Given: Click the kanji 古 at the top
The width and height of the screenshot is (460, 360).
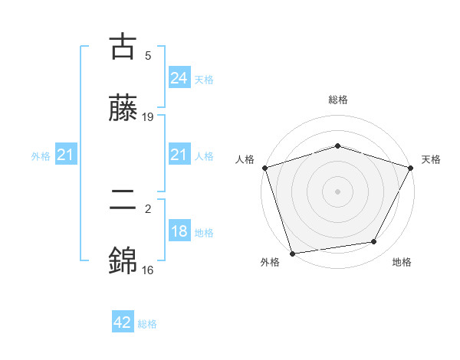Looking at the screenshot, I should pos(123,47).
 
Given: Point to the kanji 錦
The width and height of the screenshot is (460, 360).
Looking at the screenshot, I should pos(123,261).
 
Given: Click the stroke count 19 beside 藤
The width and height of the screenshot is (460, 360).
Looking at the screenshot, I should pos(148,117).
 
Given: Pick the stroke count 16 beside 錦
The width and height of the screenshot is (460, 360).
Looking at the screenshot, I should pos(148,270).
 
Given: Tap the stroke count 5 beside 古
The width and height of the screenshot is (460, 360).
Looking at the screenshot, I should pos(148,55).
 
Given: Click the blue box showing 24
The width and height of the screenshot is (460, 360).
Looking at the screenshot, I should pos(179,78).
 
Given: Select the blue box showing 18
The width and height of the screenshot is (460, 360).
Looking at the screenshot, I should pos(179,231).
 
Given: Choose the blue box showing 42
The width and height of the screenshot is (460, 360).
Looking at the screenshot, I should pos(123,322).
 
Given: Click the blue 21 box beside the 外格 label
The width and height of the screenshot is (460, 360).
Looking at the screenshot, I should pos(66,155).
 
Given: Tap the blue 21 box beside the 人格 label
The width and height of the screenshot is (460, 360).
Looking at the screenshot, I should pos(179,155).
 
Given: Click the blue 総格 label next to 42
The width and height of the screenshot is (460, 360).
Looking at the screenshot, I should pos(147,324).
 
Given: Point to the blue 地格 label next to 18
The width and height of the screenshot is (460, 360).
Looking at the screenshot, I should pos(204,233).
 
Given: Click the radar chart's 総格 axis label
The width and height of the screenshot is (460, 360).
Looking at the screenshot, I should pos(337,100).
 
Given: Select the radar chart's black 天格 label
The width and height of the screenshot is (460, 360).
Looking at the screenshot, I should pos(431,159).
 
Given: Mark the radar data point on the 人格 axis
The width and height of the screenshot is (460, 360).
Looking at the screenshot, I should pos(264,168).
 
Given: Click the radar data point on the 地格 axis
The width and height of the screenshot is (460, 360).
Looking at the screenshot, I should pos(374,242).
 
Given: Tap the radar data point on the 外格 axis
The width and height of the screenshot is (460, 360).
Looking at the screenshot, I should pos(292,253).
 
